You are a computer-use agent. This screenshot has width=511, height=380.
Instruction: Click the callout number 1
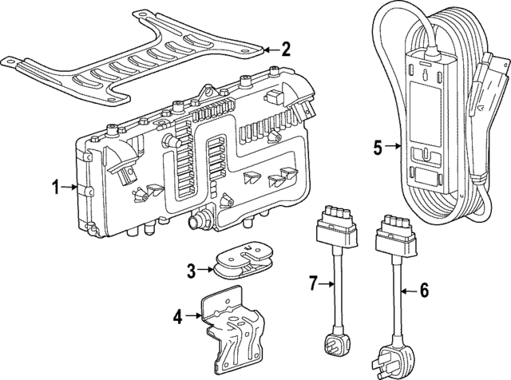point(56,188)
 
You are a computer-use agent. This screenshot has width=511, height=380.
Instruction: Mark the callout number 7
point(313,281)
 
